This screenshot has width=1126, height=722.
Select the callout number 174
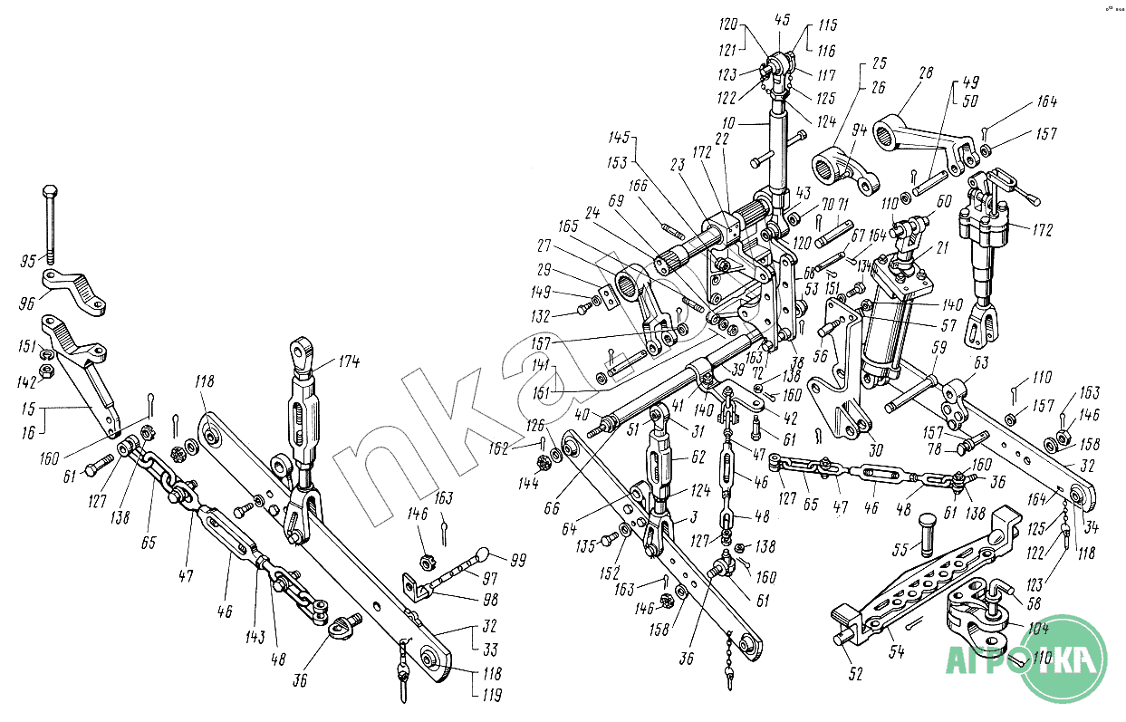click(x=349, y=363)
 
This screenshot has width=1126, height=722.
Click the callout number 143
click(x=255, y=638)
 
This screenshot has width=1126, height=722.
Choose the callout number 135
click(x=587, y=545)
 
